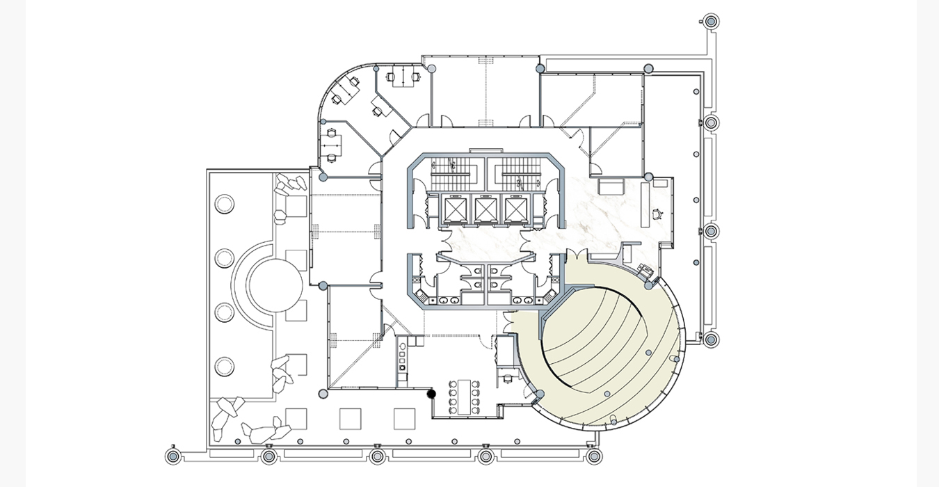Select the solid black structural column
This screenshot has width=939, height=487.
pos(431,394)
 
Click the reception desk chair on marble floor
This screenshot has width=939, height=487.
pos(657,214)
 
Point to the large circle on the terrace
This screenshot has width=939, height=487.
pos(275,287)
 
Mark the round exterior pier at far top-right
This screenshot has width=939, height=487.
pos(711,22)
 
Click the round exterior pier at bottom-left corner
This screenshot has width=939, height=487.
pos(173,456)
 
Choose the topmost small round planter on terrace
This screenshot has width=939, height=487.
pos(225,204)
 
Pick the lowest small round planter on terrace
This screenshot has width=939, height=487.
pos(225,366)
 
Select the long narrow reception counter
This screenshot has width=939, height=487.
pos(645,202)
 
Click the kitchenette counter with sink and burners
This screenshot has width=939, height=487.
pos(401,362)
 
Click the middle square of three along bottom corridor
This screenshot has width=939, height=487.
pos(350,418)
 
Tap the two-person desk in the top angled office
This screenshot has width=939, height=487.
pos(402,78)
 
